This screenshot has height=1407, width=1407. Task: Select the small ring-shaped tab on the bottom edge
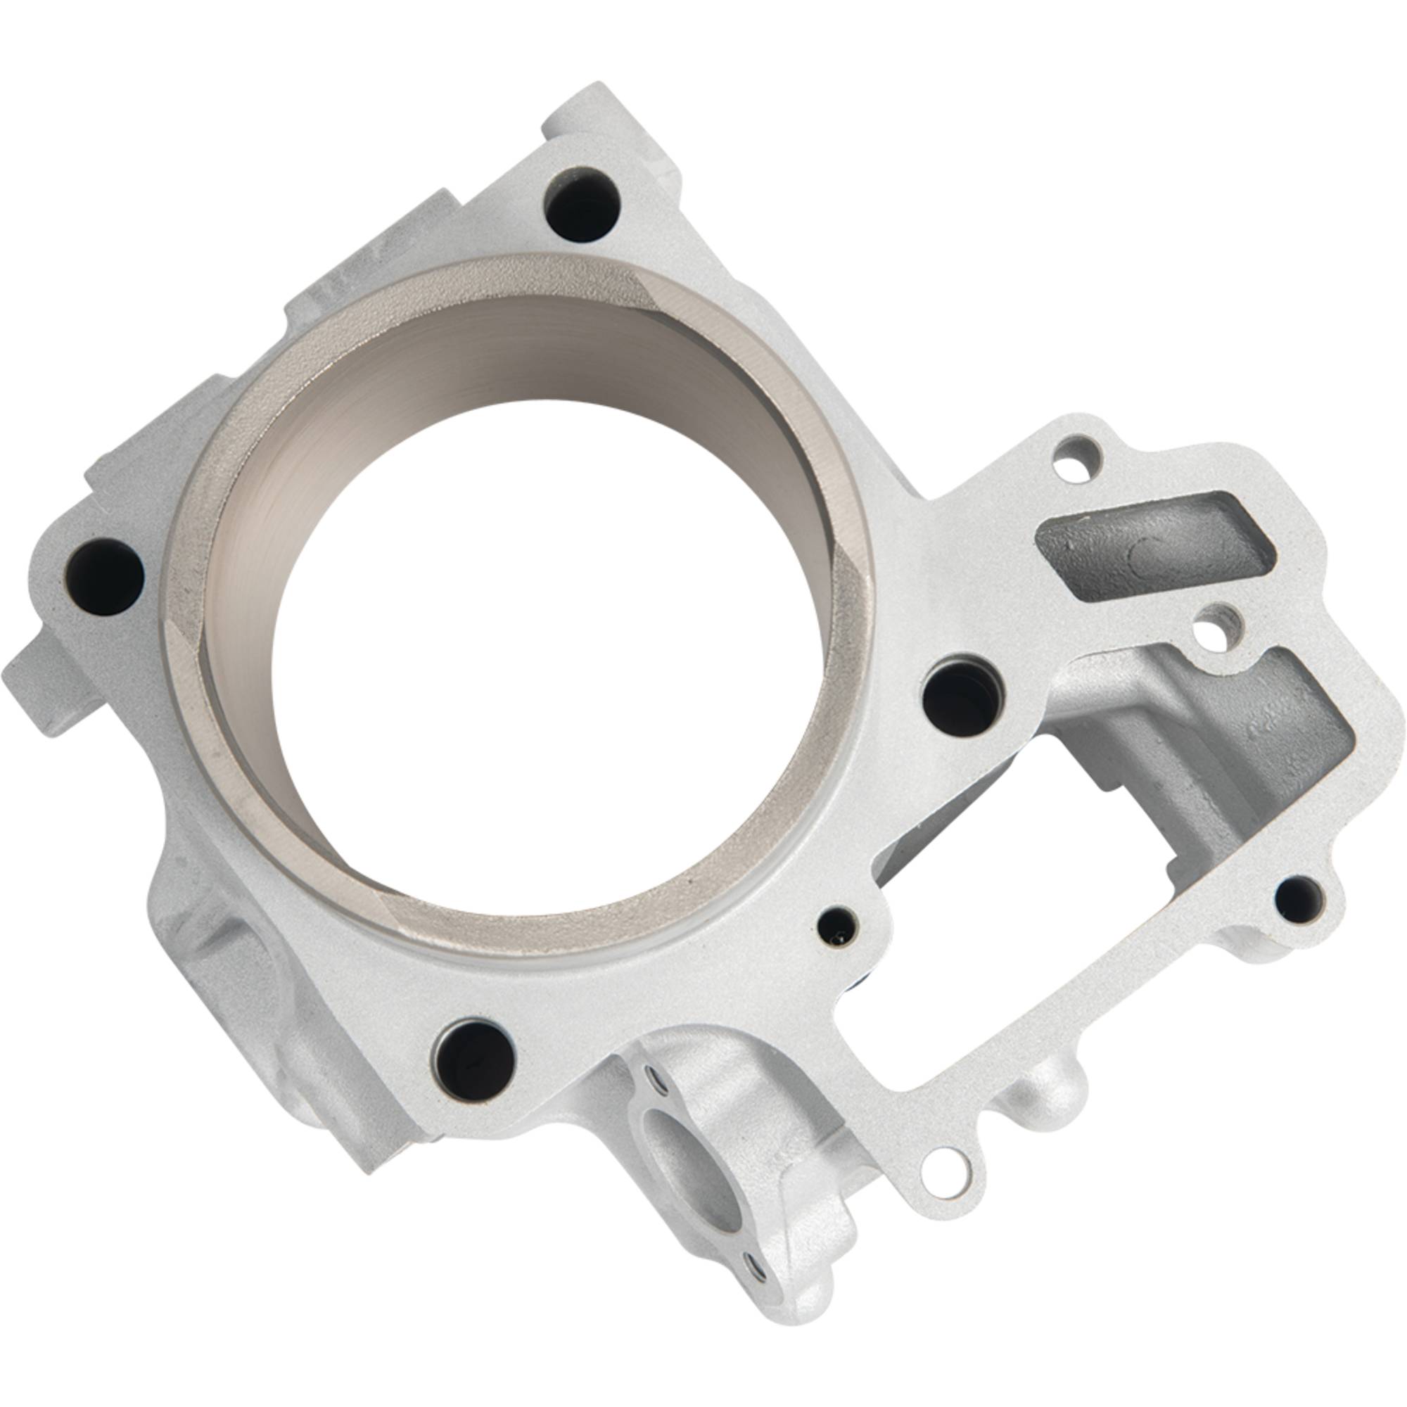coord(942,1171)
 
